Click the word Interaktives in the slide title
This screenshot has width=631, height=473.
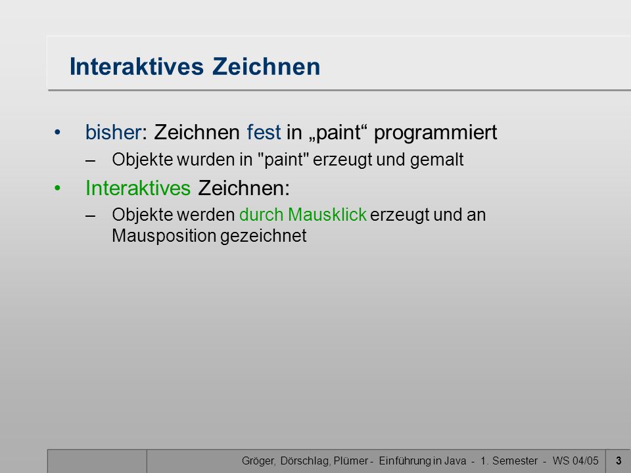click(x=137, y=66)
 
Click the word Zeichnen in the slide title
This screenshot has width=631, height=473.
click(x=266, y=66)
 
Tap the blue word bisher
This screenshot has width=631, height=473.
click(x=114, y=132)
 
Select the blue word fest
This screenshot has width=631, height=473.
click(x=264, y=132)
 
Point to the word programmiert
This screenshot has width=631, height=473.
click(x=435, y=133)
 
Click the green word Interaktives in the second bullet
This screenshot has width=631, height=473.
click(x=138, y=188)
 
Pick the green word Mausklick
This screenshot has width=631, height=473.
click(x=327, y=214)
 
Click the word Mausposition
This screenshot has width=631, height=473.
click(x=164, y=236)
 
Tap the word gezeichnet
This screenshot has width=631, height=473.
click(x=264, y=236)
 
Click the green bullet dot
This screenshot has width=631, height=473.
click(x=58, y=188)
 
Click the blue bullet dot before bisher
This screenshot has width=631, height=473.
click(x=58, y=132)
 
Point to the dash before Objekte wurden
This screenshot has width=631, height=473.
click(x=91, y=160)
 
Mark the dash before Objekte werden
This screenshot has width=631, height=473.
click(x=91, y=215)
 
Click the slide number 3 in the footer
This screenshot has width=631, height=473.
click(x=619, y=461)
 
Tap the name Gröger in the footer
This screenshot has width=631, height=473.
click(x=259, y=461)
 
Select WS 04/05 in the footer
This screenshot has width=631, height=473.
click(x=576, y=461)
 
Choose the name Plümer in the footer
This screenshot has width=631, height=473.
click(x=351, y=461)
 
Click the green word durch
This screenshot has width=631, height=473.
click(x=262, y=214)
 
